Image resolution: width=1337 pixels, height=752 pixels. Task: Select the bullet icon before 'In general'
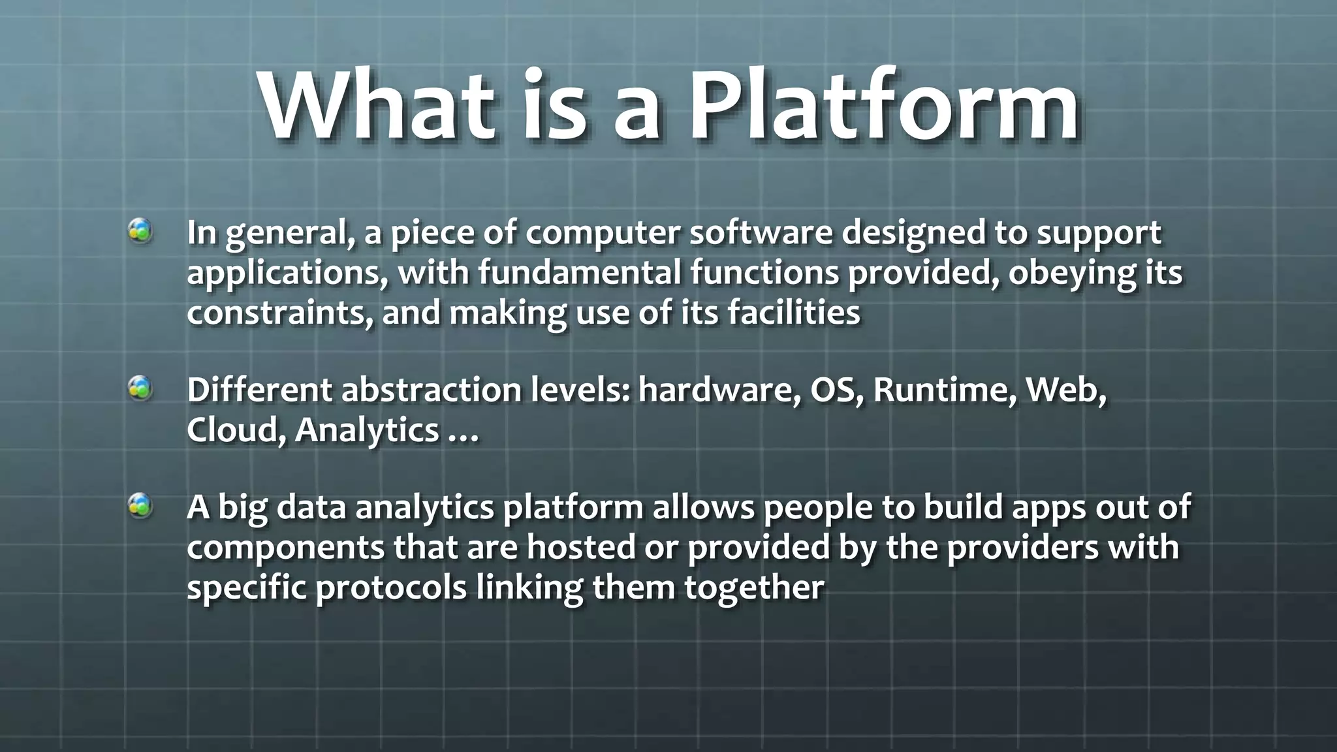pyautogui.click(x=140, y=231)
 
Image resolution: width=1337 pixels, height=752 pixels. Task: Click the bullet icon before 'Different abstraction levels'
pyautogui.click(x=140, y=388)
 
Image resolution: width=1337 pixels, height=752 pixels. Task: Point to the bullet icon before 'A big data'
pyautogui.click(x=140, y=506)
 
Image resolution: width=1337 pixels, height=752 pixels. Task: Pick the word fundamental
pyautogui.click(x=580, y=272)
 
